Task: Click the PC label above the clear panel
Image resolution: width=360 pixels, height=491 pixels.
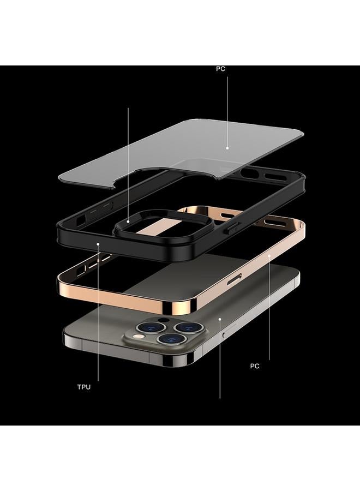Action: [x=220, y=69]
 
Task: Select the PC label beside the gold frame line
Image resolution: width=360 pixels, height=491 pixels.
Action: [x=255, y=366]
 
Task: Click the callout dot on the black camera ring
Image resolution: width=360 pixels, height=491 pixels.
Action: [x=128, y=221]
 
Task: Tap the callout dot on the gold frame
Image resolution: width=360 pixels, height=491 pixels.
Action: [x=269, y=255]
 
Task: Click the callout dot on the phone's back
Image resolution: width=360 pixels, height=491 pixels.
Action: [x=220, y=318]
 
